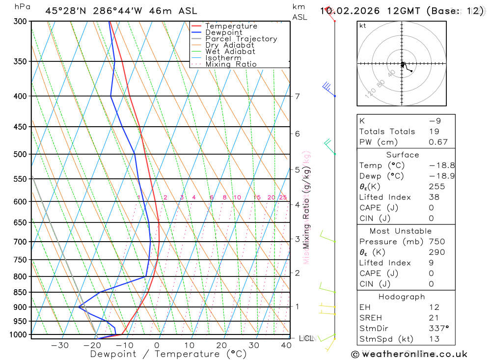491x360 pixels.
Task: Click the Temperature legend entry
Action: [231, 26]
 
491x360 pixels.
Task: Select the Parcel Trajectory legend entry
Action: [241, 39]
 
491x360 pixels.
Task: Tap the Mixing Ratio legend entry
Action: [231, 64]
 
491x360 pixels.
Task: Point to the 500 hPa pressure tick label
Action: [20, 154]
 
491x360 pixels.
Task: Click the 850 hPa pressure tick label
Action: [20, 292]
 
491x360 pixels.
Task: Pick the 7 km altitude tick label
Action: [298, 96]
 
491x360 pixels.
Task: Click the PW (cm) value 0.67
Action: [438, 142]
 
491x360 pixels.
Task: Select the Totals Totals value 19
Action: [434, 131]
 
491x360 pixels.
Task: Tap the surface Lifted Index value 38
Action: [434, 197]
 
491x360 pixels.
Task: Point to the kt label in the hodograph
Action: [363, 26]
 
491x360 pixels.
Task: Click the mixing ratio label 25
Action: [283, 197]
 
